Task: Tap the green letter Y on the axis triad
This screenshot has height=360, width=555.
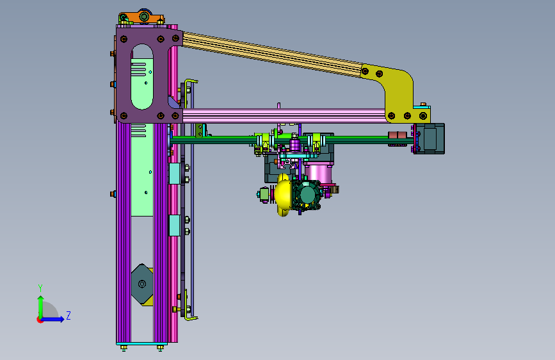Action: point(40,288)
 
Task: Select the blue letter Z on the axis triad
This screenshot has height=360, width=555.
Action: point(68,315)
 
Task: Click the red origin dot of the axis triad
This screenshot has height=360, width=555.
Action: point(39,320)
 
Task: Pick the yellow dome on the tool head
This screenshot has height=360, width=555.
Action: point(282,194)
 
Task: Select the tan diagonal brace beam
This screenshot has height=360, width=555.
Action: point(273,54)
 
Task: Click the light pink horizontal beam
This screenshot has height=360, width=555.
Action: point(284,116)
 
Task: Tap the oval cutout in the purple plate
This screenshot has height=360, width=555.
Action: point(142,76)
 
